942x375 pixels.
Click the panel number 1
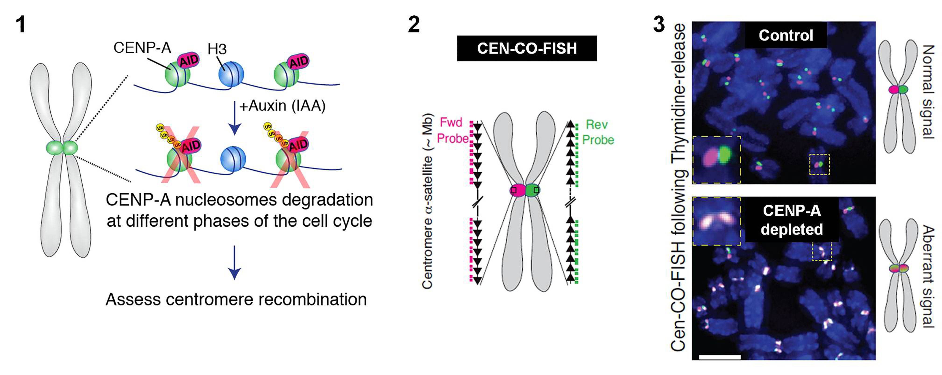[21, 25]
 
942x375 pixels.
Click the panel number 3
[659, 25]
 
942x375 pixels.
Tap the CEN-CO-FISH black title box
[527, 48]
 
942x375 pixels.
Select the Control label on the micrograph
[786, 35]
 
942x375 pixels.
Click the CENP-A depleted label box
[792, 220]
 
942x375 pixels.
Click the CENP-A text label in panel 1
[142, 48]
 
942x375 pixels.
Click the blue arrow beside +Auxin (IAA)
[234, 119]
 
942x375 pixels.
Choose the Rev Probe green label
[598, 132]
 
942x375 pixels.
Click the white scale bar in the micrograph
[720, 357]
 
